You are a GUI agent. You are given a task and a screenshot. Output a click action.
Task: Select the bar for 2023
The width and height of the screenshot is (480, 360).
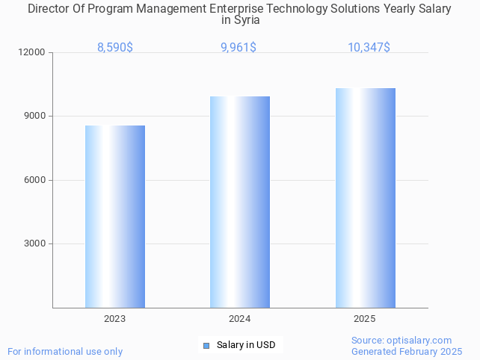click(115, 217)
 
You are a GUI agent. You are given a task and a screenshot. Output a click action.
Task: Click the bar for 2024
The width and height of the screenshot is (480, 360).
click(240, 202)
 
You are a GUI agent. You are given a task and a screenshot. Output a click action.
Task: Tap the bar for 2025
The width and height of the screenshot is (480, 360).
click(365, 198)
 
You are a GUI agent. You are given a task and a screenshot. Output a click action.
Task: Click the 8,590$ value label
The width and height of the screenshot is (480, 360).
click(115, 48)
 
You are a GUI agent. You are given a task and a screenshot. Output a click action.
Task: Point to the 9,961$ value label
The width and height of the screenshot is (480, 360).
click(240, 48)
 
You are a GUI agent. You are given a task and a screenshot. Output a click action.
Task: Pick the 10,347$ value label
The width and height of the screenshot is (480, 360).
click(369, 48)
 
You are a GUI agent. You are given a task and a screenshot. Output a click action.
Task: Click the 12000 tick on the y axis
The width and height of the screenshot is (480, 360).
click(33, 53)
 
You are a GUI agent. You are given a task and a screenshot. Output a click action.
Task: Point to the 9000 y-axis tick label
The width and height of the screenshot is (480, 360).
click(35, 117)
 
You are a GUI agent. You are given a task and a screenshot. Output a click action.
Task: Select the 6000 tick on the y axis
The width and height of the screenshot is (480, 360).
click(35, 180)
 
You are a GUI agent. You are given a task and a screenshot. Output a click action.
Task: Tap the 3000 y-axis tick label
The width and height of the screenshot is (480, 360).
click(35, 243)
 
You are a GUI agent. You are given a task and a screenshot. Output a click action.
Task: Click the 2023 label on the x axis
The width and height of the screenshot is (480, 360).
click(115, 319)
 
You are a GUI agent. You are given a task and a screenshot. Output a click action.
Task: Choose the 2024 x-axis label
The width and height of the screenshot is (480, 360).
click(240, 319)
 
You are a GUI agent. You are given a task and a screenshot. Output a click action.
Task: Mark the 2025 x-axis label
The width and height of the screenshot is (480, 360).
click(365, 319)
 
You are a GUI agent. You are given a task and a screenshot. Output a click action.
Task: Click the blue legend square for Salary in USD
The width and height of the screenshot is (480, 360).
click(207, 345)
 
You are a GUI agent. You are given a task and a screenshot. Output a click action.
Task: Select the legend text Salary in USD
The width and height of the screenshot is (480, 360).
click(246, 345)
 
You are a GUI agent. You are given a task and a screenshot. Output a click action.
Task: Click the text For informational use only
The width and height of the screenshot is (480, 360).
click(65, 351)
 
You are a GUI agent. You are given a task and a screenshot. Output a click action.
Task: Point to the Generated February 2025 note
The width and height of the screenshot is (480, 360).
click(407, 351)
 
